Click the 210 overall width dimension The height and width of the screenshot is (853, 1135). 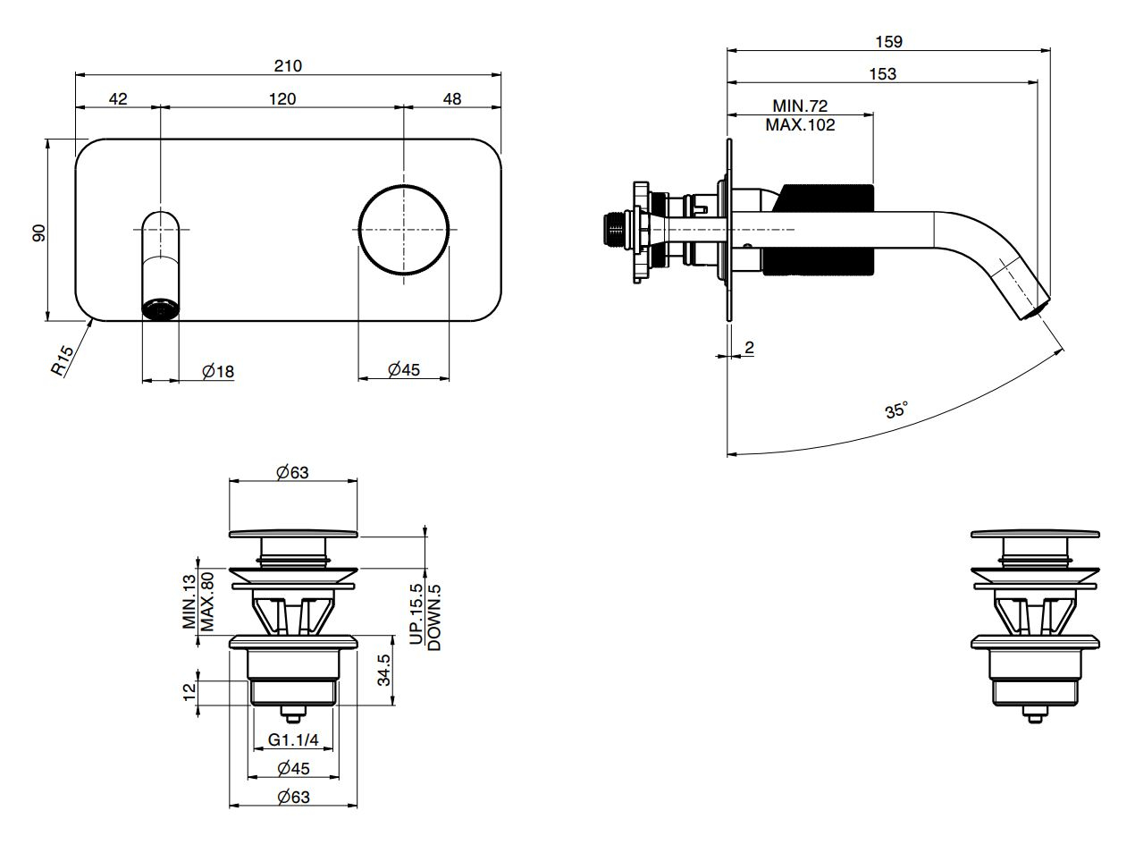tap(288, 65)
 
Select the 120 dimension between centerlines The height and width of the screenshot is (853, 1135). tap(282, 98)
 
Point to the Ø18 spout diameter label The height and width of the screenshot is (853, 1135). tap(218, 371)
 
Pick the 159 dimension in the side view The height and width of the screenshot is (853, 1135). tap(889, 41)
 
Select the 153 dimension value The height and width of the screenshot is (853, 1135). tap(882, 74)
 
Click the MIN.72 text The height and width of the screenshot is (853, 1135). tap(800, 106)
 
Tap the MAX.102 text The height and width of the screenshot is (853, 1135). tap(800, 125)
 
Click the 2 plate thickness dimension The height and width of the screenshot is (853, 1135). tap(749, 347)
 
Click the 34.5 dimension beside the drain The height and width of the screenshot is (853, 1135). tap(384, 671)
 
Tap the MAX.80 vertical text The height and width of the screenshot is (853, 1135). tap(207, 602)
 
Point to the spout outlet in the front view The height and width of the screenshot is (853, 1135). tap(161, 308)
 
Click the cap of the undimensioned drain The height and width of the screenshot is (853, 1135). tap(1035, 535)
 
